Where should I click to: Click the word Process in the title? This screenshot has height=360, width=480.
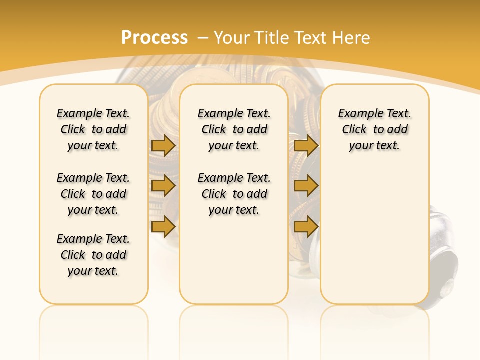[x=154, y=37]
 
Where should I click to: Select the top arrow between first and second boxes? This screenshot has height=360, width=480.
[x=163, y=145]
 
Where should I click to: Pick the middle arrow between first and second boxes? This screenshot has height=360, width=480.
[x=163, y=186]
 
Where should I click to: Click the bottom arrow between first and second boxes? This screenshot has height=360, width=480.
[x=163, y=226]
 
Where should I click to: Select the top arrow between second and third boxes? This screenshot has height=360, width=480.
[x=306, y=145]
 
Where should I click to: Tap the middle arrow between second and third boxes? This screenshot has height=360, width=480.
[x=306, y=186]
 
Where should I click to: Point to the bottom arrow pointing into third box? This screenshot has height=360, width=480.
[x=306, y=226]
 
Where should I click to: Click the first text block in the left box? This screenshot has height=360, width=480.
[x=93, y=129]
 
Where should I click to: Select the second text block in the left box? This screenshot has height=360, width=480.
[x=93, y=194]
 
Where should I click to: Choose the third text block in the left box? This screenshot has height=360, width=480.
[x=93, y=255]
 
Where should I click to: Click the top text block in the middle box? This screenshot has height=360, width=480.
[x=234, y=129]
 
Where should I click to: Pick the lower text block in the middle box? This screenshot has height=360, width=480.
[x=234, y=194]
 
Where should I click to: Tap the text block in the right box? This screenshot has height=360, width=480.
[x=374, y=129]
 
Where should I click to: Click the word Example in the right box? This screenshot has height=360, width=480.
[x=357, y=114]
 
